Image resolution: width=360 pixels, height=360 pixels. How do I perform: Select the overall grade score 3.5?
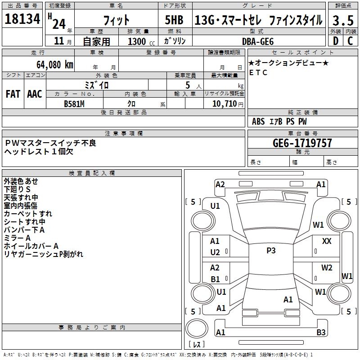pyautogui.click(x=342, y=20)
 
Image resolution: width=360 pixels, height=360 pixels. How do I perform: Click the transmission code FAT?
pyautogui.click(x=13, y=94)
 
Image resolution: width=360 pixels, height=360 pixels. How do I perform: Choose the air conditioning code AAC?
pyautogui.click(x=35, y=94)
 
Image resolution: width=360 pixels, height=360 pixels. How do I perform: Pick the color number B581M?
pyautogui.click(x=75, y=103)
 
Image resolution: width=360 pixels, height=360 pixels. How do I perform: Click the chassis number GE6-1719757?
pyautogui.click(x=302, y=143)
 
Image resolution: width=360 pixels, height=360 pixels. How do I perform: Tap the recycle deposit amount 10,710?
pyautogui.click(x=223, y=103)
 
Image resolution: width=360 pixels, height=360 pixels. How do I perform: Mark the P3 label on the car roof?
pyautogui.click(x=271, y=251)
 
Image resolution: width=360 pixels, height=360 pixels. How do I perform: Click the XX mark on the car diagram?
pyautogui.click(x=327, y=242)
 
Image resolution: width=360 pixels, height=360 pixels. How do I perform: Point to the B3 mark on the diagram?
pyautogui.click(x=321, y=333)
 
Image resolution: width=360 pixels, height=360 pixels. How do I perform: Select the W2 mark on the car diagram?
pyautogui.click(x=327, y=268)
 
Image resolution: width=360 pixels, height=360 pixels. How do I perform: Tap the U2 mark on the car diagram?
pyautogui.click(x=215, y=252)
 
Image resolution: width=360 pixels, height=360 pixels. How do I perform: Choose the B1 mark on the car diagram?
pyautogui.click(x=215, y=279)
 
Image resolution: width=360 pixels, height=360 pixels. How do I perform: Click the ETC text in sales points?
pyautogui.click(x=258, y=72)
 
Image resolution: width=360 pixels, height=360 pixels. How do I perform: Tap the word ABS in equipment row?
pyautogui.click(x=259, y=121)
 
